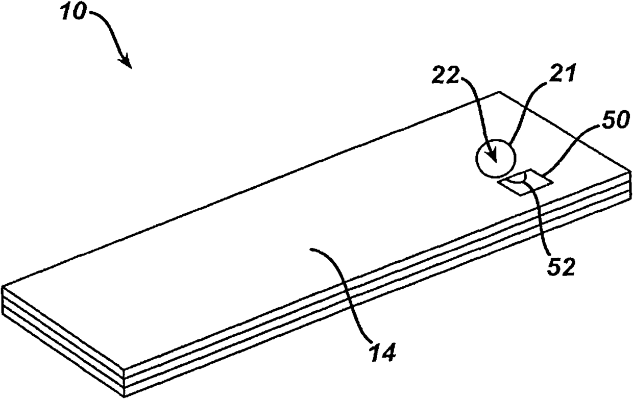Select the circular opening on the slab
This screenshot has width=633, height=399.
pos(495,159)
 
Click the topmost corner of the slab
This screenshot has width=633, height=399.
pos(499,92)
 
